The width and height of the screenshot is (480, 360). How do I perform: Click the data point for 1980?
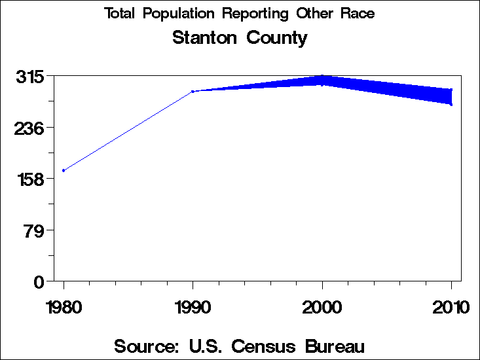[64, 170]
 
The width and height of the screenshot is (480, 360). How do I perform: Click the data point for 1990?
[193, 92]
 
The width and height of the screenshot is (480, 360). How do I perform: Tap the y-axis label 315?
[30, 77]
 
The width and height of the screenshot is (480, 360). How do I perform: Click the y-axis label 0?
[39, 281]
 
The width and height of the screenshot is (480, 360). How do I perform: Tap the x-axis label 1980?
[64, 308]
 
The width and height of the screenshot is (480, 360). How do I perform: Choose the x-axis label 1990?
[193, 308]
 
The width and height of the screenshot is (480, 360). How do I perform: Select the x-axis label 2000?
[322, 308]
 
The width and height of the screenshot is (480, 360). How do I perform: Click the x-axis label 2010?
[451, 308]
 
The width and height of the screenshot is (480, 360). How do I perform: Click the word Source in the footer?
[147, 346]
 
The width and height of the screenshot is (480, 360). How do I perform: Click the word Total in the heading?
[120, 14]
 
